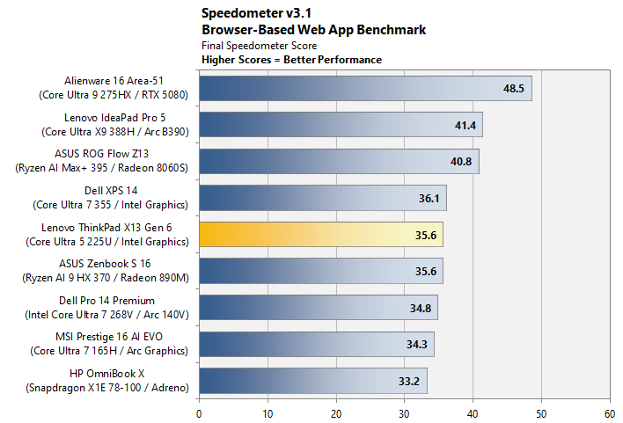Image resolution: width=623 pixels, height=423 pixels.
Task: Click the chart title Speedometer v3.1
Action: pyautogui.click(x=256, y=13)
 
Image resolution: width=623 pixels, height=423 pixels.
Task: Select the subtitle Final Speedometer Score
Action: pyautogui.click(x=259, y=46)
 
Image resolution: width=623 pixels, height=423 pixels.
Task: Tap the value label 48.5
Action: pyautogui.click(x=513, y=88)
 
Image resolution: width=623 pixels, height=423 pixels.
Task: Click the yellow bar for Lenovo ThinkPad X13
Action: pyautogui.click(x=321, y=234)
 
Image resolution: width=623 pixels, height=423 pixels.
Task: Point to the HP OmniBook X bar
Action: pyautogui.click(x=313, y=381)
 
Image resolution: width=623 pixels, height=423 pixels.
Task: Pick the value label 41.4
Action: pyautogui.click(x=465, y=126)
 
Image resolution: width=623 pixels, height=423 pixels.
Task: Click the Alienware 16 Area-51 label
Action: pyautogui.click(x=114, y=81)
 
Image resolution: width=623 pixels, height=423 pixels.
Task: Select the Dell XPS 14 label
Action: pyautogui.click(x=111, y=191)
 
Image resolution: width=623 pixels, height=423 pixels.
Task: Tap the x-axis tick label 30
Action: pyautogui.click(x=404, y=414)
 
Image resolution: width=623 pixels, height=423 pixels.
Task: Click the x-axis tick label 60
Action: pyautogui.click(x=610, y=414)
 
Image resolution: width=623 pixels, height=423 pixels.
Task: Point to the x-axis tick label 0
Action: pyautogui.click(x=199, y=414)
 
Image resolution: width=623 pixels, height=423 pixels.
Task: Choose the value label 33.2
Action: pyautogui.click(x=409, y=382)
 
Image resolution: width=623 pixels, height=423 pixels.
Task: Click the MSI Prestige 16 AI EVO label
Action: pyautogui.click(x=109, y=337)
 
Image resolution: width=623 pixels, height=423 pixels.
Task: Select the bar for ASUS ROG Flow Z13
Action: pyautogui.click(x=339, y=161)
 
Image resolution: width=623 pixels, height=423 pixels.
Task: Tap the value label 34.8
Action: pyautogui.click(x=421, y=308)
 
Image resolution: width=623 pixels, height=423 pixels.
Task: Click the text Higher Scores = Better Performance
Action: pyautogui.click(x=291, y=60)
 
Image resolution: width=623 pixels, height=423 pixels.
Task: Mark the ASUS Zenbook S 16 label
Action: pyautogui.click(x=105, y=264)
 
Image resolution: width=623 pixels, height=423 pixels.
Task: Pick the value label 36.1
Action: pyautogui.click(x=429, y=198)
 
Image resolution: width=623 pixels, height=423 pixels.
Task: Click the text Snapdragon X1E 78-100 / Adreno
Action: pyautogui.click(x=107, y=388)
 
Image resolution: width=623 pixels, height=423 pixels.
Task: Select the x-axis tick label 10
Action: pyautogui.click(x=268, y=414)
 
